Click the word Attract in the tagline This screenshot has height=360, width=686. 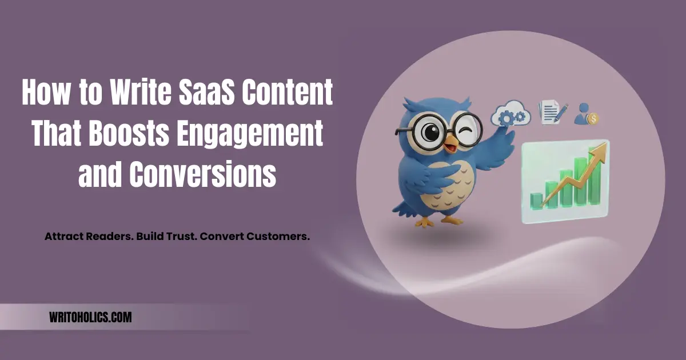tap(65, 236)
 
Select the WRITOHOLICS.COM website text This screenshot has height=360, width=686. tap(90, 317)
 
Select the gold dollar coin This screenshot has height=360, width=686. tap(593, 119)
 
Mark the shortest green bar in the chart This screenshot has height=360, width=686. tap(536, 199)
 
